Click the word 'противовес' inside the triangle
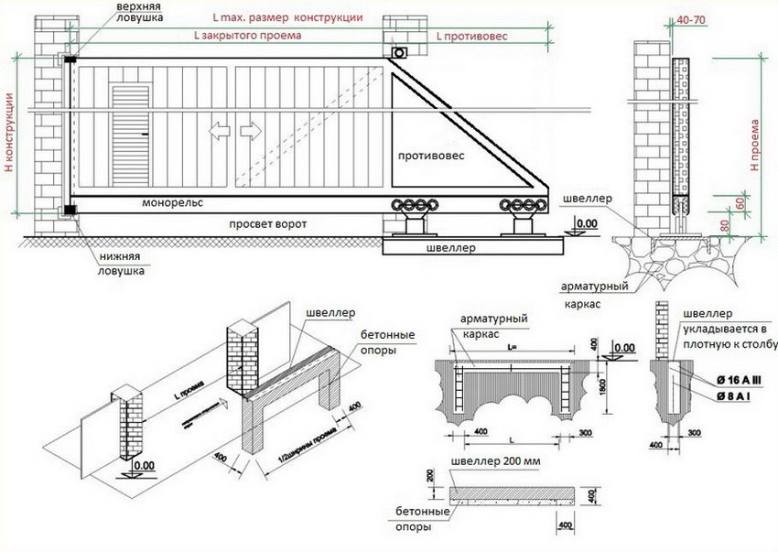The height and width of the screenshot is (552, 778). click(430, 157)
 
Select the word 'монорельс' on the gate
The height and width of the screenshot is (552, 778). click(173, 202)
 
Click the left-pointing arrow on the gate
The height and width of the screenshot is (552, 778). click(219, 132)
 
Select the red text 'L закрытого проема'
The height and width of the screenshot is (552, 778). click(246, 36)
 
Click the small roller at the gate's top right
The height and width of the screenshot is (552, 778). click(397, 56)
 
